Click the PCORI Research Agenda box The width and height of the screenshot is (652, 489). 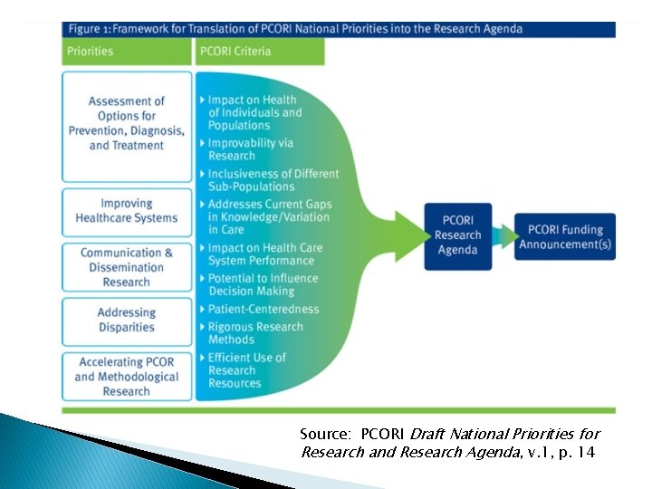tap(457, 235)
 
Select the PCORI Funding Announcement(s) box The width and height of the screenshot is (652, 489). tap(564, 235)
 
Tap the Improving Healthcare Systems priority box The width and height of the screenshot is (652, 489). tap(127, 211)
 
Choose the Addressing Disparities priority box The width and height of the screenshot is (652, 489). tap(127, 321)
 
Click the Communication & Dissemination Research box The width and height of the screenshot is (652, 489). tap(127, 267)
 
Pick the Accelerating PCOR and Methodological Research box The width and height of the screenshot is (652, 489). tap(127, 377)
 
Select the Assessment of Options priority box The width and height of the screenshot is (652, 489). tap(127, 124)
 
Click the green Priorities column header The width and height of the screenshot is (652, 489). tap(127, 52)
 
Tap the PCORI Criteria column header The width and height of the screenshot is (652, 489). tap(259, 52)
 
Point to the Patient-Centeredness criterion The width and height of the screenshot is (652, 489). tap(263, 309)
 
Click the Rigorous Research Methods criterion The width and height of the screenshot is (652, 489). tap(256, 332)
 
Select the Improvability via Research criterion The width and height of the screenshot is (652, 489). tap(251, 149)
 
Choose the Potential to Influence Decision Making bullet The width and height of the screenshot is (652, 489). tap(263, 284)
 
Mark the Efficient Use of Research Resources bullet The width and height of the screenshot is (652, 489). tap(246, 370)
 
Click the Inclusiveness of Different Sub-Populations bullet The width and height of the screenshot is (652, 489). tap(273, 180)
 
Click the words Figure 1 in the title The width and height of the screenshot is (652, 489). tap(96, 29)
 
